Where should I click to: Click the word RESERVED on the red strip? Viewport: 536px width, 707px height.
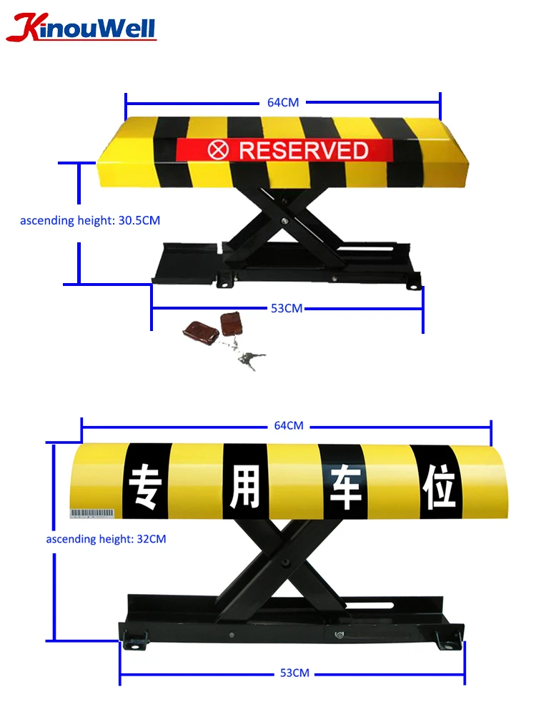303,150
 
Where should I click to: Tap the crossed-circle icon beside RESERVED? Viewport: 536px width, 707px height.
217,150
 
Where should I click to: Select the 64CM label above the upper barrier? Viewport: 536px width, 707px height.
283,102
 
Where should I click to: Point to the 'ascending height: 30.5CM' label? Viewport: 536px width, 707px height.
90,220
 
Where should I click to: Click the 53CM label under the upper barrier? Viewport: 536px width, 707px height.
287,308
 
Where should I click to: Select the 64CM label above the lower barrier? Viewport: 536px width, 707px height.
289,425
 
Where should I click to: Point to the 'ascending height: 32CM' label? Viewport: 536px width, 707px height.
106,538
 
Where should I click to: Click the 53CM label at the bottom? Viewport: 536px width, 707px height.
294,673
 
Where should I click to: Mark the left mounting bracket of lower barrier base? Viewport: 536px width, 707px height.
134,639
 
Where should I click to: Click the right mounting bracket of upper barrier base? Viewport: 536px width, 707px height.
412,283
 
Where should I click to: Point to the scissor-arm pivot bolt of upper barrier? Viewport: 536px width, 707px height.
286,221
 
